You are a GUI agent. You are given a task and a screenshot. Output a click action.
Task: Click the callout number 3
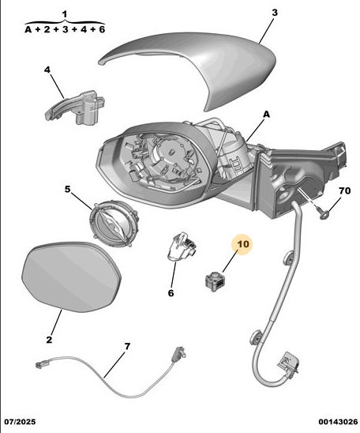275,13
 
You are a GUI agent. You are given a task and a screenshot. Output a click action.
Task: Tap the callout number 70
344,190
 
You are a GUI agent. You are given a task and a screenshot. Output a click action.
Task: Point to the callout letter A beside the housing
266,114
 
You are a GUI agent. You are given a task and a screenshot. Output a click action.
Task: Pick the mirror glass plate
71,277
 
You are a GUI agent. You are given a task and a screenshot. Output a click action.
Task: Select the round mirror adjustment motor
114,224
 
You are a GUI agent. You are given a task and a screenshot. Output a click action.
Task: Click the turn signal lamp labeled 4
76,107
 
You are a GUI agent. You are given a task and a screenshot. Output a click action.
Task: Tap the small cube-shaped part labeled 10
215,281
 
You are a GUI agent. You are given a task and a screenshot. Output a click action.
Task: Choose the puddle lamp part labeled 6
181,246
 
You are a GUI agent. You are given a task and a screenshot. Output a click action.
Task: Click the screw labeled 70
324,213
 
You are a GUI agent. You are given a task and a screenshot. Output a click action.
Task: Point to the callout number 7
127,346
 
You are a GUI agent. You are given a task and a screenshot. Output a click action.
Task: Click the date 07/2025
21,422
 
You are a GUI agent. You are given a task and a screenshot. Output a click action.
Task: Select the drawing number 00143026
338,422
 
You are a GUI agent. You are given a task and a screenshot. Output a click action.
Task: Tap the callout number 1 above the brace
65,14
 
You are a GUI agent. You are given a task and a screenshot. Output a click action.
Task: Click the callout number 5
68,189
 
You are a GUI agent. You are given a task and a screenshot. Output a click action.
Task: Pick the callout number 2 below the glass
49,340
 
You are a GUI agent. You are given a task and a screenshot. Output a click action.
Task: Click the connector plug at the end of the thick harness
288,363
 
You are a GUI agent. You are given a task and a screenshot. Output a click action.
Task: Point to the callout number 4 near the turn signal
47,70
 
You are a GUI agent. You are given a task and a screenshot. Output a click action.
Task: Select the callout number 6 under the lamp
171,293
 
